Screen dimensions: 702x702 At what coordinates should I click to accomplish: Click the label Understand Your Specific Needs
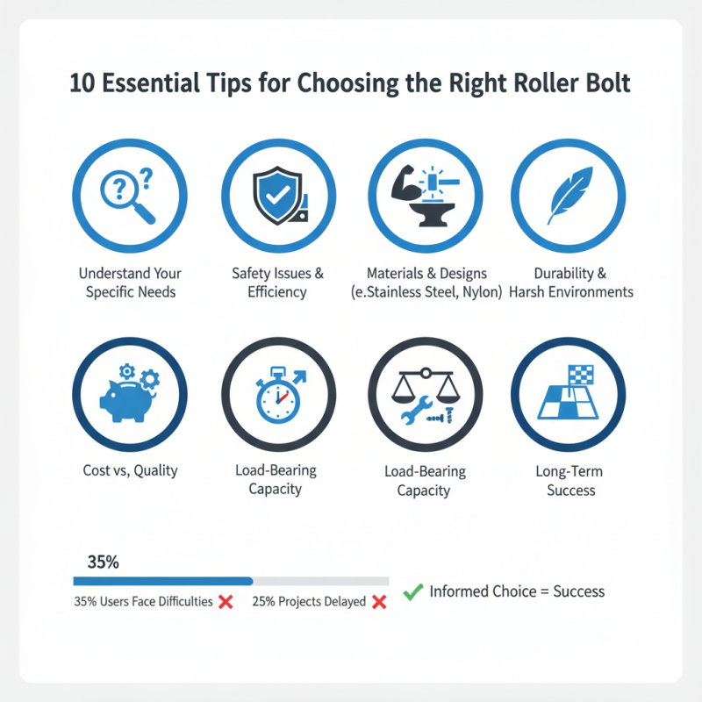[131, 282]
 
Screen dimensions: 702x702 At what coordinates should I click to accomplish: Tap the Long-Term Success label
[570, 481]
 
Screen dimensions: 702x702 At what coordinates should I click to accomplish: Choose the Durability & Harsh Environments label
[570, 282]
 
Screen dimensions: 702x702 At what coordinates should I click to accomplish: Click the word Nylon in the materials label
[479, 292]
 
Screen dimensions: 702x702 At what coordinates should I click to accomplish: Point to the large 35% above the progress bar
[104, 562]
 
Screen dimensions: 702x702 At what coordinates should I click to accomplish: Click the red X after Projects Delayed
[380, 602]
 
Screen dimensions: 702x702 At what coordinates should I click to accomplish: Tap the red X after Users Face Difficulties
[226, 602]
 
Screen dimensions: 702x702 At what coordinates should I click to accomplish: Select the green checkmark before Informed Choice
[412, 591]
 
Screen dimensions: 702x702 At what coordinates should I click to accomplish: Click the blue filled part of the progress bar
[162, 581]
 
